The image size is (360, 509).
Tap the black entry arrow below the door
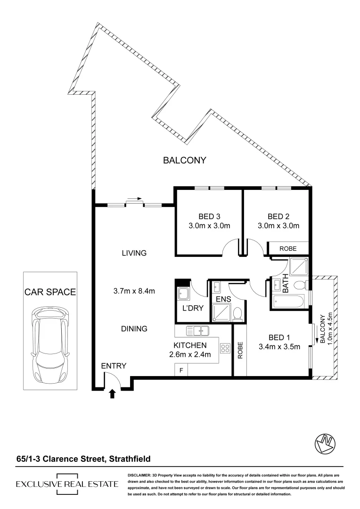[112, 394]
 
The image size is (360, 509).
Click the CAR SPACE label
[50, 292]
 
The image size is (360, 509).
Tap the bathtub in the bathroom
[288, 303]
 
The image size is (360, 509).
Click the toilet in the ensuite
[238, 313]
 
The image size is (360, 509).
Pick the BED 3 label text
[209, 217]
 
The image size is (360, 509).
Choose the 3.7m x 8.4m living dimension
[135, 290]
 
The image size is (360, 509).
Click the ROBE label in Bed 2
[288, 248]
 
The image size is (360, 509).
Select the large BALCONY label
[185, 160]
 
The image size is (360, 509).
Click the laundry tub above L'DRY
[182, 294]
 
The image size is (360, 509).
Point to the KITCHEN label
[190, 345]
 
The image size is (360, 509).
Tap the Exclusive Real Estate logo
[67, 484]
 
